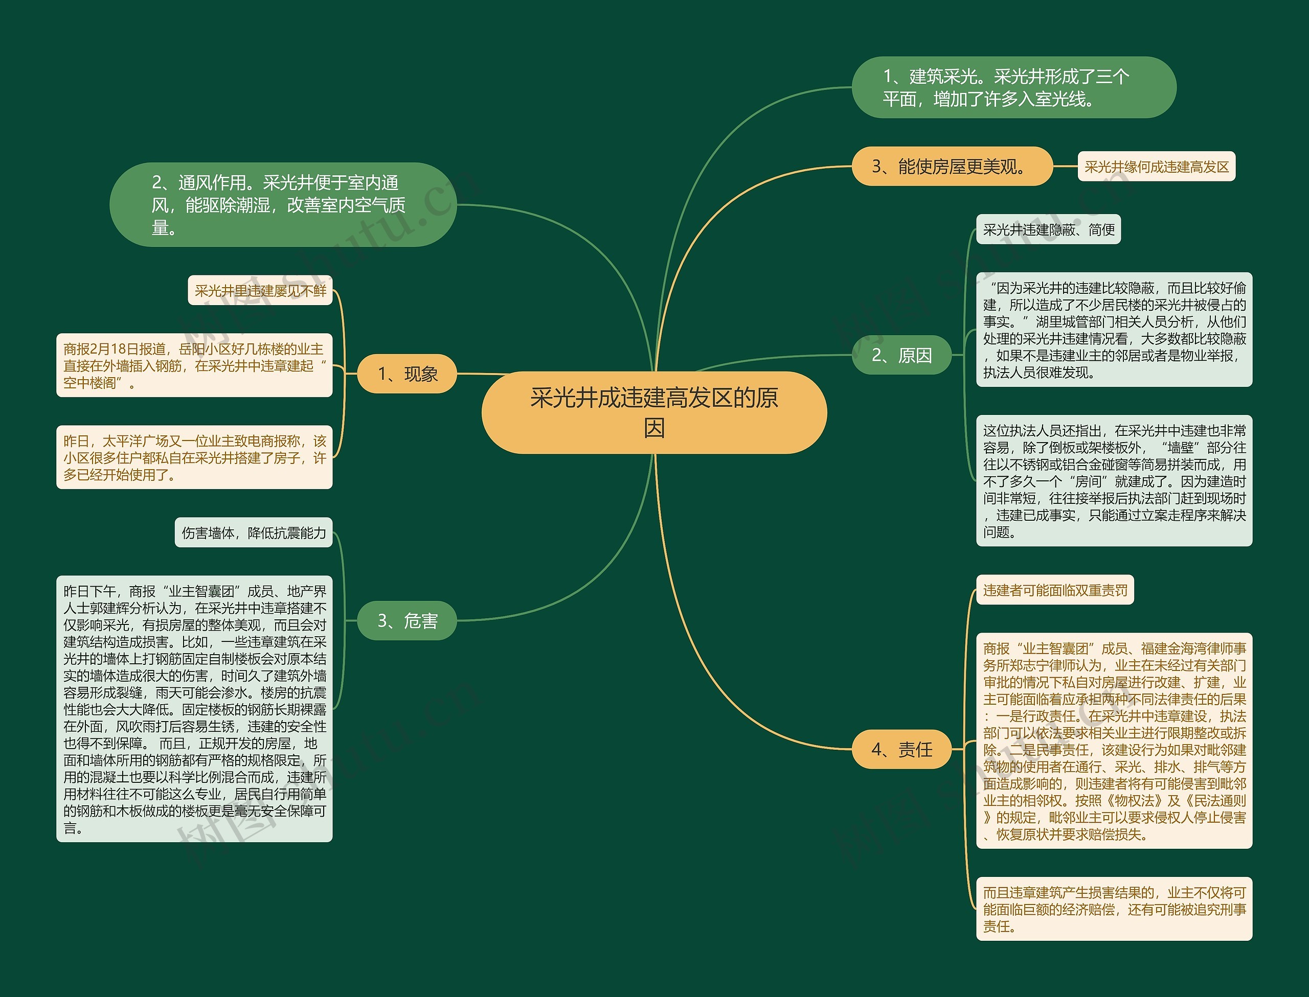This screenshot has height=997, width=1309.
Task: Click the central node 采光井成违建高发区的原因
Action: (x=653, y=412)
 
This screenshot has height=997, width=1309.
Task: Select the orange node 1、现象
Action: (x=407, y=374)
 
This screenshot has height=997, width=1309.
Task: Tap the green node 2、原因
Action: (x=901, y=355)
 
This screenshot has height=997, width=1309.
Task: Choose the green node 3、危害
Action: (x=407, y=621)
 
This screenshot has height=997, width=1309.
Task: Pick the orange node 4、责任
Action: (x=901, y=750)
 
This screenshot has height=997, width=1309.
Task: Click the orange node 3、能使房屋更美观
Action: (x=952, y=167)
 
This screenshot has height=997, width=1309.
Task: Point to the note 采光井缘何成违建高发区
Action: (x=1157, y=167)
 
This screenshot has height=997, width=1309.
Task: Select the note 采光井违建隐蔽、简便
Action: (x=1048, y=229)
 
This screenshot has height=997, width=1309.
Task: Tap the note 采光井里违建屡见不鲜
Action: (x=260, y=291)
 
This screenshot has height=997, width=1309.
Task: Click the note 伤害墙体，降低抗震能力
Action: (x=254, y=533)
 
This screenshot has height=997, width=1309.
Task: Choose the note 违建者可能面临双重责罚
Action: (x=1055, y=591)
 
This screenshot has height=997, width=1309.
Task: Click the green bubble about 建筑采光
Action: (x=1013, y=88)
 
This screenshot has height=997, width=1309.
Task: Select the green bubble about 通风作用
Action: (x=283, y=205)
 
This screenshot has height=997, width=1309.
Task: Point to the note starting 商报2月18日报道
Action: (x=194, y=365)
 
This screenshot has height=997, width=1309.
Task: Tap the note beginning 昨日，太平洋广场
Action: (x=194, y=457)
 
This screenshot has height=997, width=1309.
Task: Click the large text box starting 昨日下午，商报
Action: (x=194, y=709)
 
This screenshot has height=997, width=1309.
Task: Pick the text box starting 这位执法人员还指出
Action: (x=1114, y=481)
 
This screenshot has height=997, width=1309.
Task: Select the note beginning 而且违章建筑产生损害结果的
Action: (x=1114, y=909)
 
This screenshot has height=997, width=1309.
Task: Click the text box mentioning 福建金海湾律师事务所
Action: (x=1114, y=741)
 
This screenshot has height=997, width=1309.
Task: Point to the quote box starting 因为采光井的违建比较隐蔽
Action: (x=1114, y=330)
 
